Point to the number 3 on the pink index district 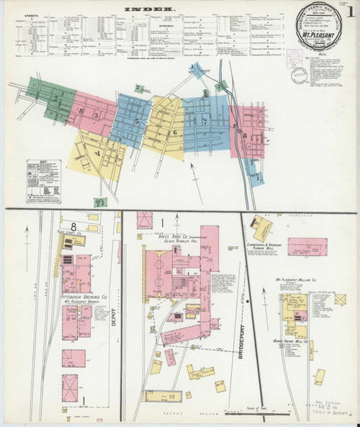[95, 114]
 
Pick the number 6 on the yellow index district [174, 132]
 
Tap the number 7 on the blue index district [205, 122]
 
